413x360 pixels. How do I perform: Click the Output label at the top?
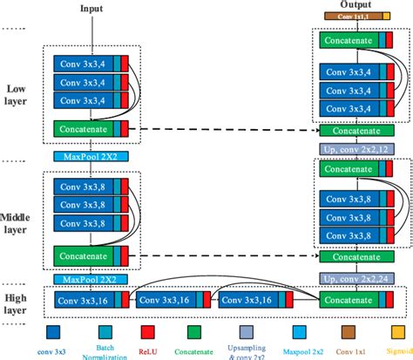355,5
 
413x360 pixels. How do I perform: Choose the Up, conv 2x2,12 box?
355,150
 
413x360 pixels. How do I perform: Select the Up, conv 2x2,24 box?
355,278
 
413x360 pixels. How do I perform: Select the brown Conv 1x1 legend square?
348,330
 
